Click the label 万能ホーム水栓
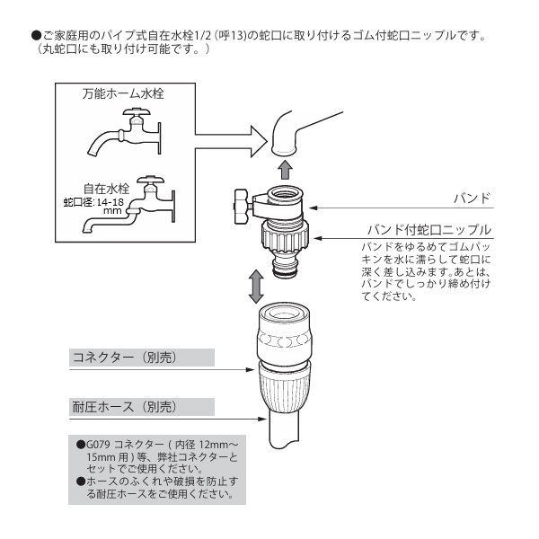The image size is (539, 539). [x=123, y=93]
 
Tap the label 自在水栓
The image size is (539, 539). [x=107, y=189]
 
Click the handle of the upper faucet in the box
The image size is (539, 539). [x=137, y=111]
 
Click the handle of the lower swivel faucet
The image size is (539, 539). [x=150, y=181]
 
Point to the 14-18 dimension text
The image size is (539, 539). [x=110, y=202]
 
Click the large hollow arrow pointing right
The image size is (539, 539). [x=231, y=142]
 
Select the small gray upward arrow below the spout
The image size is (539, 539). [x=285, y=170]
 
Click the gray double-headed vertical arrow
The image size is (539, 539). [x=256, y=286]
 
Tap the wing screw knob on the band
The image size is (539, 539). [x=242, y=207]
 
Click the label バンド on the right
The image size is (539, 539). [x=472, y=199]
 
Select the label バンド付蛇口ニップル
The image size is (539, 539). [x=429, y=230]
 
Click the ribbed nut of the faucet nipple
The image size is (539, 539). [x=285, y=235]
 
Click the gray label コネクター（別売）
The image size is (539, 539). [x=125, y=358]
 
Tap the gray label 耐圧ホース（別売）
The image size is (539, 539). [x=125, y=407]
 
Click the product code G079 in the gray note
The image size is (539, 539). [x=98, y=445]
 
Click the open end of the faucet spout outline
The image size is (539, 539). [x=283, y=150]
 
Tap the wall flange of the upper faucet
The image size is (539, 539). [x=159, y=137]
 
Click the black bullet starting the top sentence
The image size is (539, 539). [x=36, y=35]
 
